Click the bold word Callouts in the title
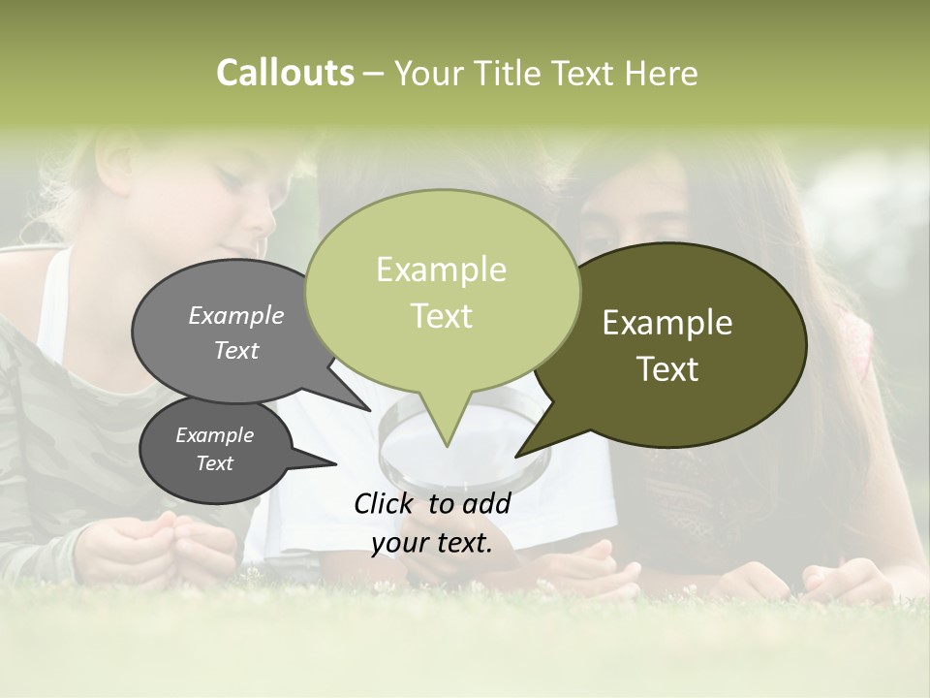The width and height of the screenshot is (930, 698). [285, 73]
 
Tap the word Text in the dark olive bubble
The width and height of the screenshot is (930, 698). [667, 369]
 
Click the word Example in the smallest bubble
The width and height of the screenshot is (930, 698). [215, 435]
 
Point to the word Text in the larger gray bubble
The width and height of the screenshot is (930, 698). [236, 351]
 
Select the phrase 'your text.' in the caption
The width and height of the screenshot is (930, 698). [432, 543]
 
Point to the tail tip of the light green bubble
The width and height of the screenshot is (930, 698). [446, 445]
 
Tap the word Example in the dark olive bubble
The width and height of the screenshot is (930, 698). [667, 323]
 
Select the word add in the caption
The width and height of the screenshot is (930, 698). [487, 503]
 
